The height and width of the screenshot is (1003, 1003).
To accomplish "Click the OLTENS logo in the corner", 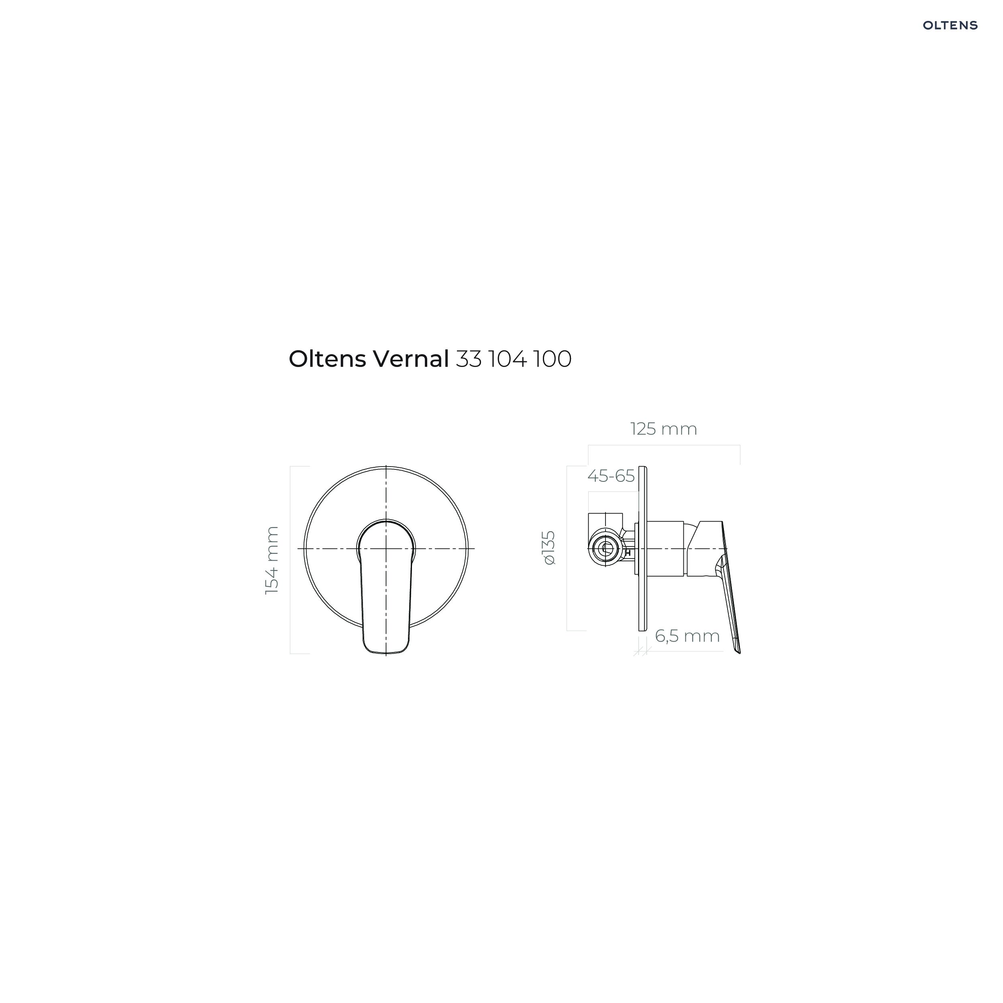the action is [950, 25].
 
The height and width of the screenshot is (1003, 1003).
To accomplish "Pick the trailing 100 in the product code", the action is [553, 359].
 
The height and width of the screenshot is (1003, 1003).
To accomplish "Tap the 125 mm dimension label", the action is [663, 429].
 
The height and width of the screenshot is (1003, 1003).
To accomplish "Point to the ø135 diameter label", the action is [549, 548].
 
